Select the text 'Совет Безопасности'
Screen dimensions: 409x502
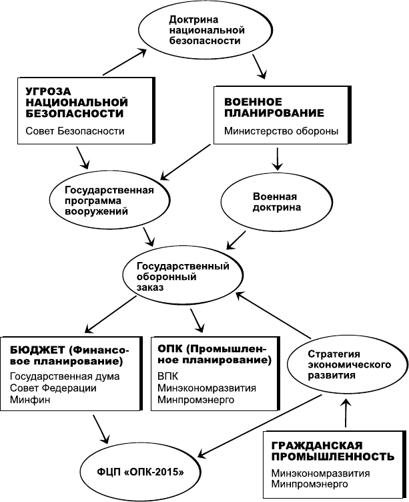point(75,131)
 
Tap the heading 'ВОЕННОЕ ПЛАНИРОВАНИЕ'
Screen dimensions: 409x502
point(274,108)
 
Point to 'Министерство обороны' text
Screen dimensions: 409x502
point(281,131)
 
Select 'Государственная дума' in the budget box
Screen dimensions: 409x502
point(65,376)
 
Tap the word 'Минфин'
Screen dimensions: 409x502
point(30,400)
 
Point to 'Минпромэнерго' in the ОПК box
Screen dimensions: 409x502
point(196,400)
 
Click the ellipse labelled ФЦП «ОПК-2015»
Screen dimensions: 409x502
point(140,472)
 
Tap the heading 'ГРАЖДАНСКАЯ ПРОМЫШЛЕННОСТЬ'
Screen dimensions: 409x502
point(333,451)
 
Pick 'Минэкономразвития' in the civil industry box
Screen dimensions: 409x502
point(320,473)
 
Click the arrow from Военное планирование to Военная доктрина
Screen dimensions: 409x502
point(278,158)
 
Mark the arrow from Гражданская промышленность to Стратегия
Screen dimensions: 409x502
point(346,413)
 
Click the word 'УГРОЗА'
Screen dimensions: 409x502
point(48,92)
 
